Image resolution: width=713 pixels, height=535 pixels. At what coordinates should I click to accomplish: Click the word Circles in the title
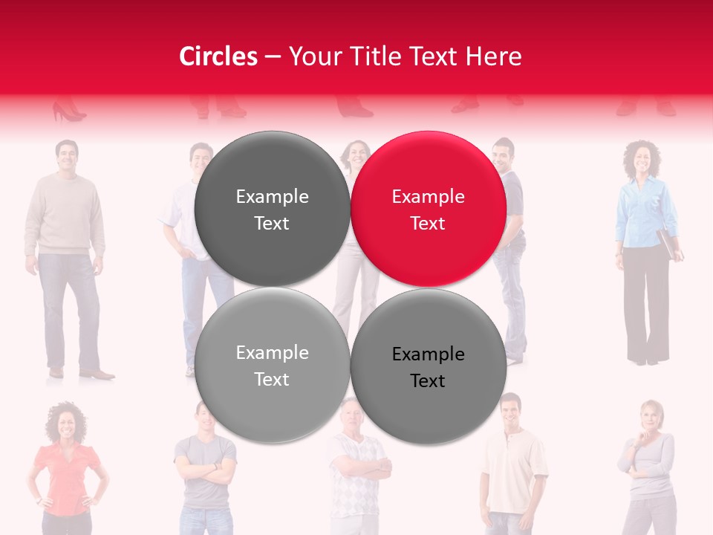[218, 56]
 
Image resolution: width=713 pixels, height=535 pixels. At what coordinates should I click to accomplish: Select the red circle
[429, 209]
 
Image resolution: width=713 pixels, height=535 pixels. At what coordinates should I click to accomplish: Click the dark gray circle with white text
[272, 209]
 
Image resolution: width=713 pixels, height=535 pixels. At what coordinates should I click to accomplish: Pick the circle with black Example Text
[429, 366]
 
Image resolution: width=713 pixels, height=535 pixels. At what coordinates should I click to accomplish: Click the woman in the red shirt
[66, 468]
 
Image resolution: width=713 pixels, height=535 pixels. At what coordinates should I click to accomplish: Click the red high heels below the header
[68, 112]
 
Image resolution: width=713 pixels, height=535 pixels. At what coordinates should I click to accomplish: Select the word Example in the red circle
[428, 197]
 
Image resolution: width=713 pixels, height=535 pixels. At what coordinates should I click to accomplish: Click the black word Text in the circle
[428, 381]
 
